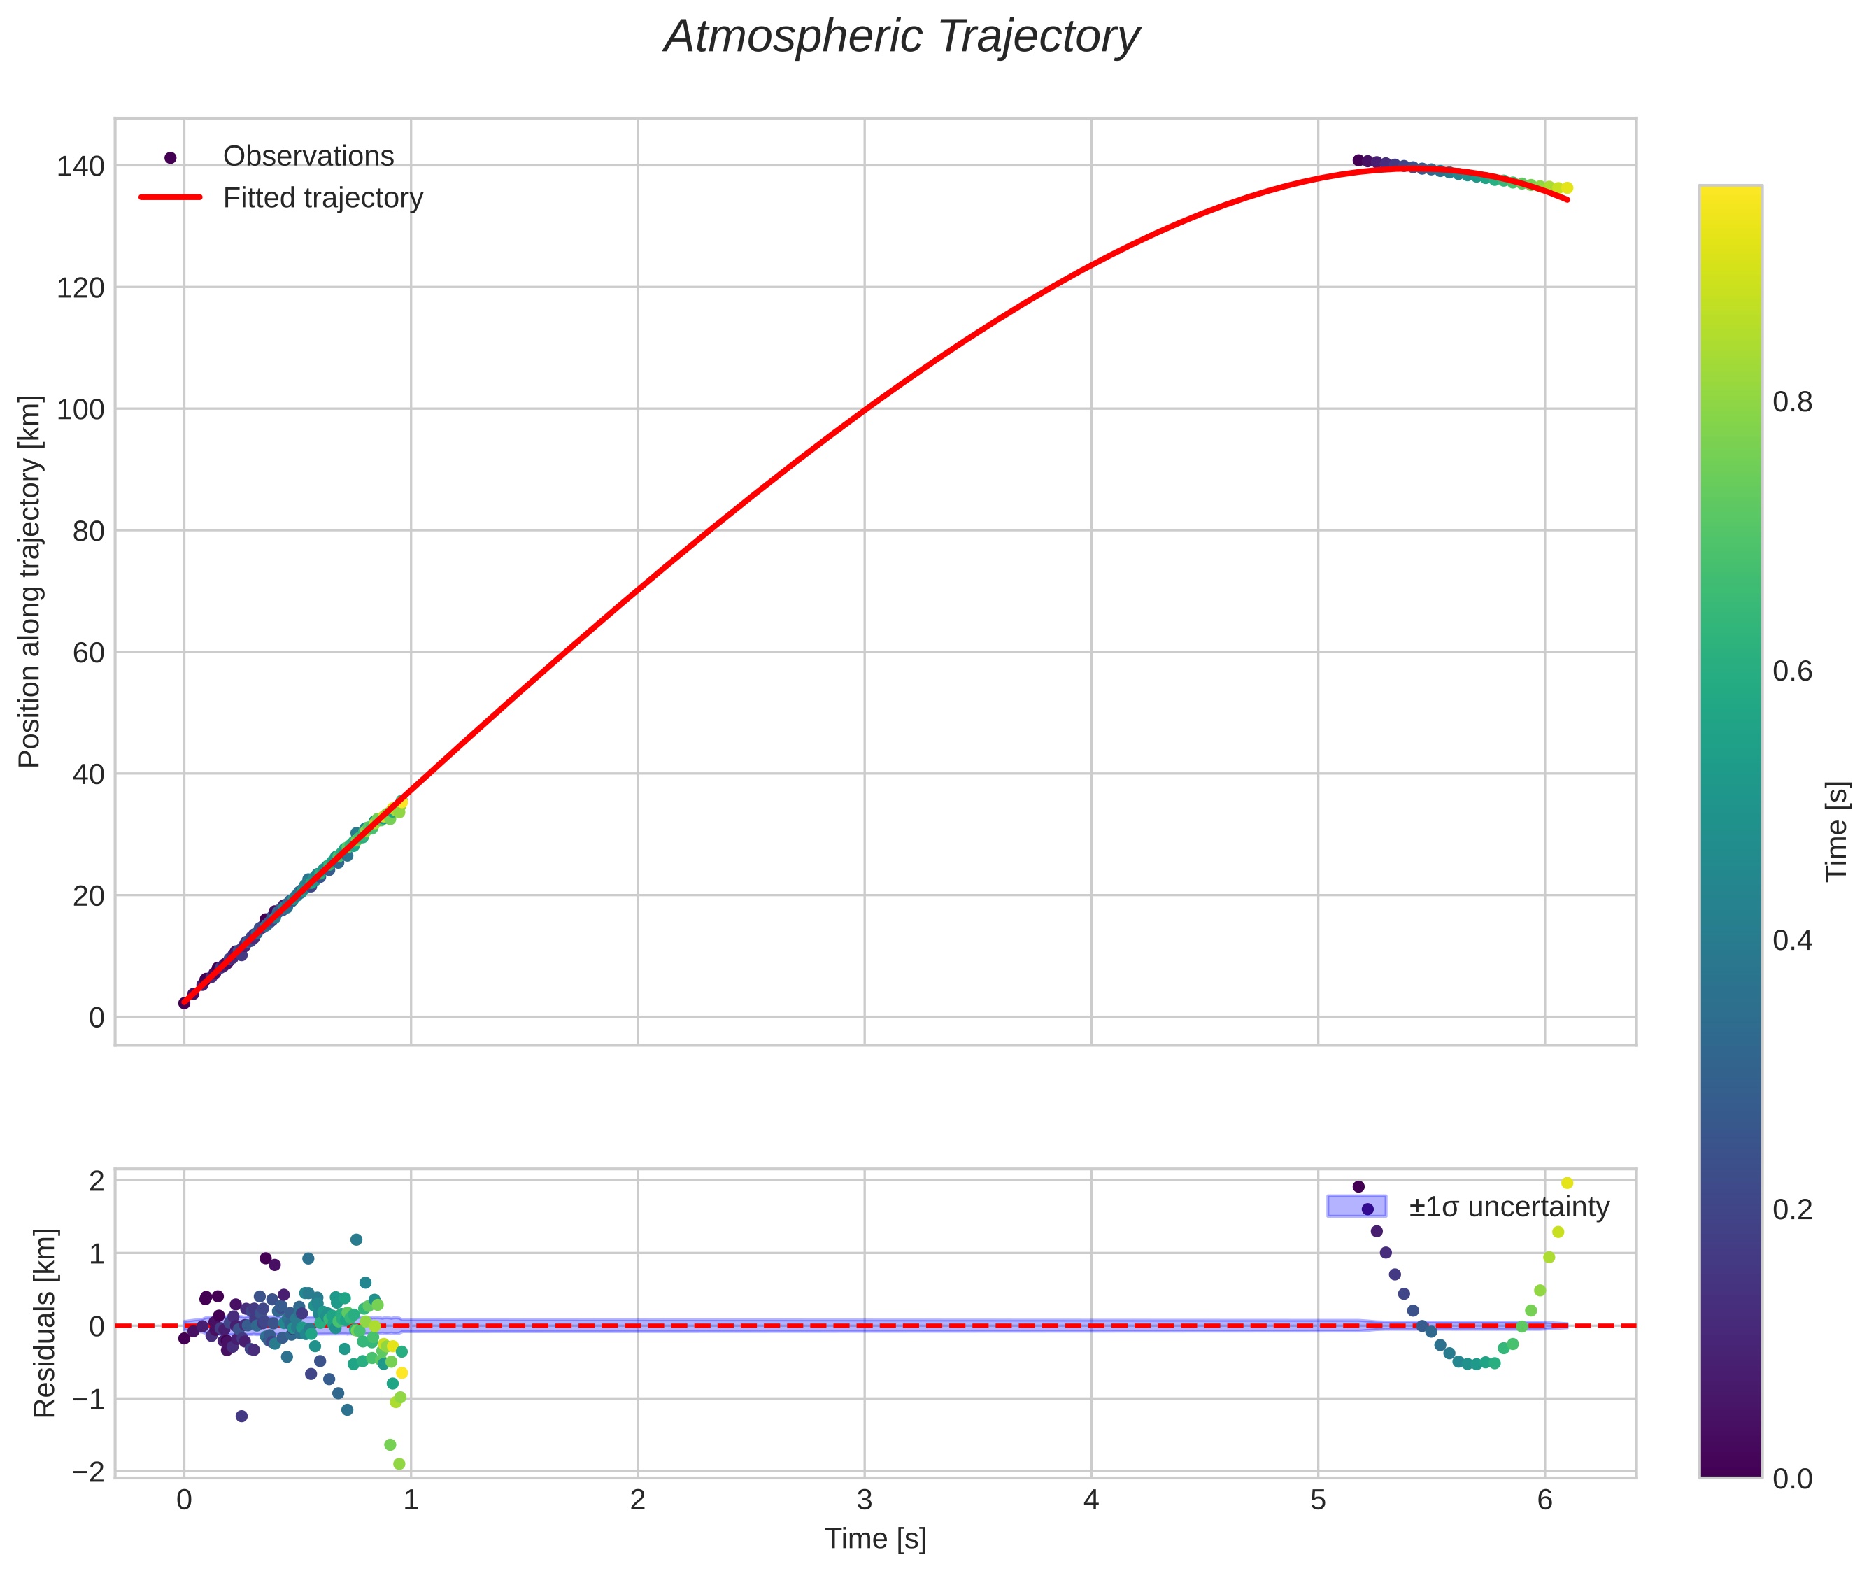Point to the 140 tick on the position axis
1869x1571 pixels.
tap(80, 166)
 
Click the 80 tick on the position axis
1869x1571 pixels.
tap(88, 531)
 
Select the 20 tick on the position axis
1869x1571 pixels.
tap(88, 895)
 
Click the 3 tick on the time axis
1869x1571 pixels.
tap(864, 1500)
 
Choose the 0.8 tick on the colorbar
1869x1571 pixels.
tap(1791, 403)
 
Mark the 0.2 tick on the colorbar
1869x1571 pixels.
tap(1791, 1209)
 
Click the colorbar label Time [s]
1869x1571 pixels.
tap(1837, 831)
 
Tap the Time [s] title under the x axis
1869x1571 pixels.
tap(874, 1539)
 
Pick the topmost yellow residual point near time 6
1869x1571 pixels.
tap(1567, 1183)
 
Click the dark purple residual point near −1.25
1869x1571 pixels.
tap(241, 1416)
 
